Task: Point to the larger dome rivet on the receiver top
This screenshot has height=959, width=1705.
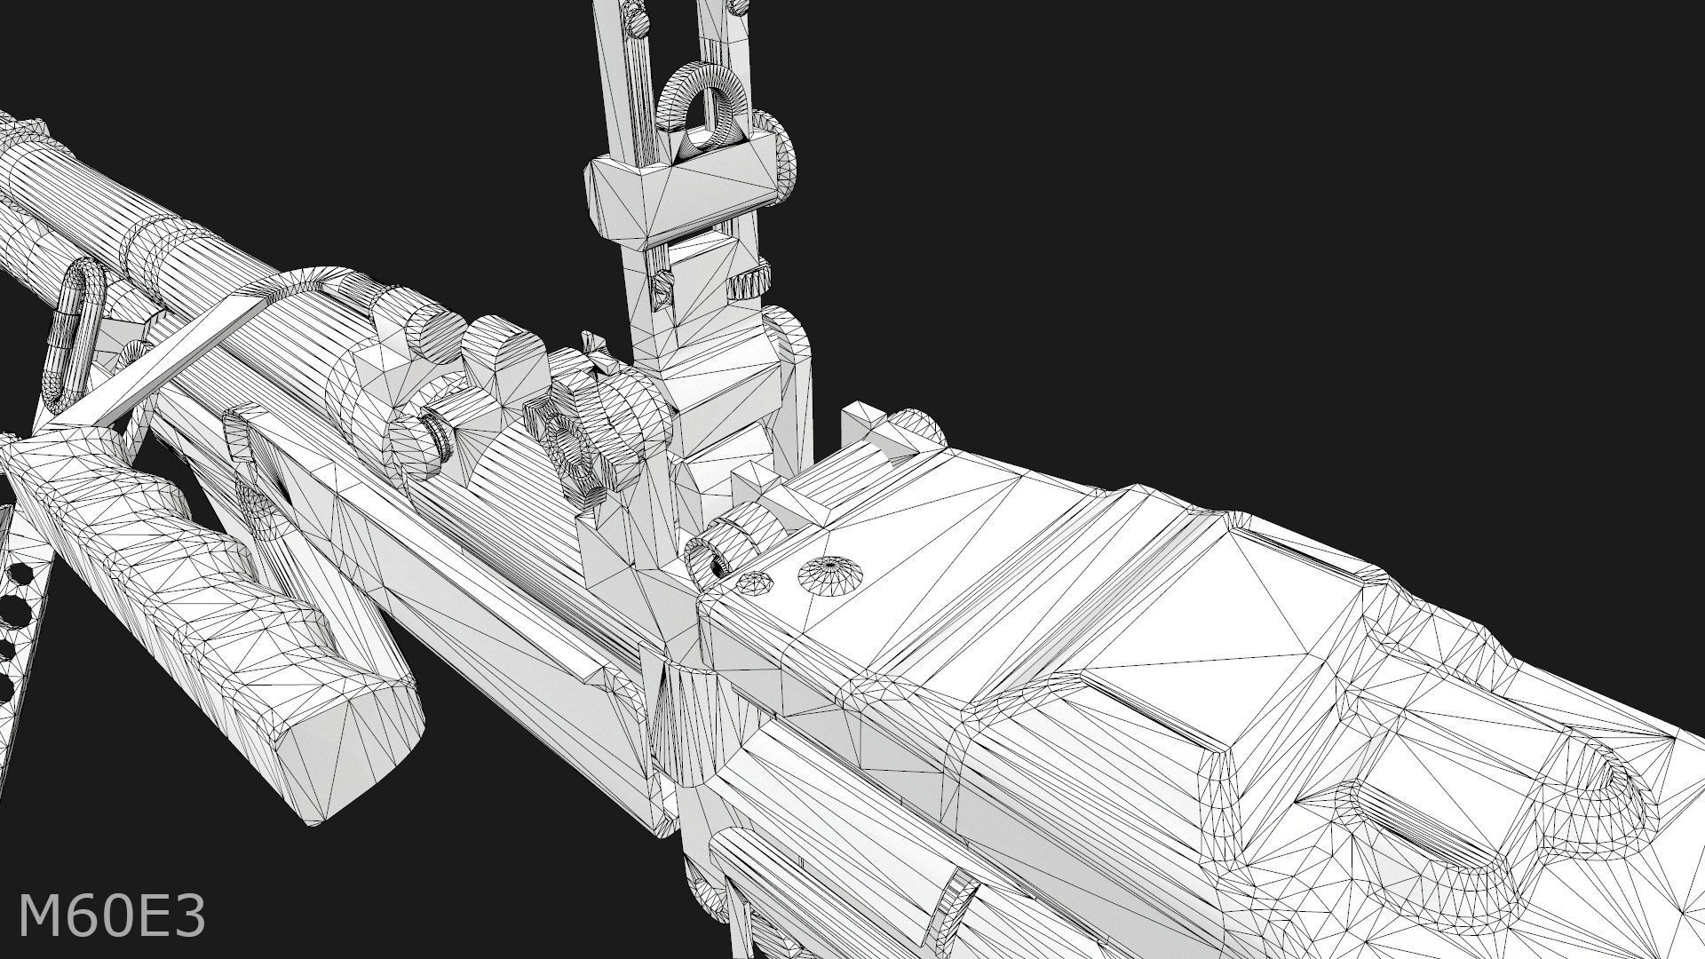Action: point(831,575)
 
